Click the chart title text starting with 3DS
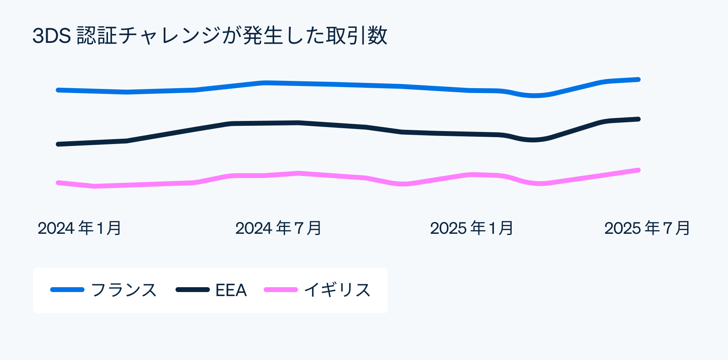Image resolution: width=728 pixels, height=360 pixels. click(210, 36)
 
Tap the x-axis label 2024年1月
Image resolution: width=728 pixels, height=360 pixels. click(80, 228)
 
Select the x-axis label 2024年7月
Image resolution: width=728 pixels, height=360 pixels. click(278, 228)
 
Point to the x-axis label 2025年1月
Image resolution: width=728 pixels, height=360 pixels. click(472, 228)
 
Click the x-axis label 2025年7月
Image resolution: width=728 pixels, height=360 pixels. click(647, 228)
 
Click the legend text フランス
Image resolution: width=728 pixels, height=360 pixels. click(124, 290)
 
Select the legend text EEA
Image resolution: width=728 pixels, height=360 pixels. click(231, 290)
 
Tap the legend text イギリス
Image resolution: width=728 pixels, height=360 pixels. click(337, 290)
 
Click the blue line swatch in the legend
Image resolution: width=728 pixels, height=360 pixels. click(67, 290)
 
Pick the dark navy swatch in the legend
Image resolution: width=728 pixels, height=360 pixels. click(193, 290)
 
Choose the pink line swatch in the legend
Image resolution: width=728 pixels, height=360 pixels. click(281, 290)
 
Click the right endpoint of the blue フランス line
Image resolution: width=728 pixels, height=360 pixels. click(638, 80)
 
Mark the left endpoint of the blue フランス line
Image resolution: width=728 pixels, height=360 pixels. click(58, 90)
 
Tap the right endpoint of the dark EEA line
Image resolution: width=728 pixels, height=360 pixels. click(638, 119)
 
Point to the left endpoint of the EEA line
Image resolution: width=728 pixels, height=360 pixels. click(58, 144)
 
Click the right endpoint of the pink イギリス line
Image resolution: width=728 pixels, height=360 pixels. click(638, 170)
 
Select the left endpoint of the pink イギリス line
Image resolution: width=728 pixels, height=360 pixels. click(58, 183)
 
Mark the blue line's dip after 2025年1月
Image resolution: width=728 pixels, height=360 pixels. click(534, 96)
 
